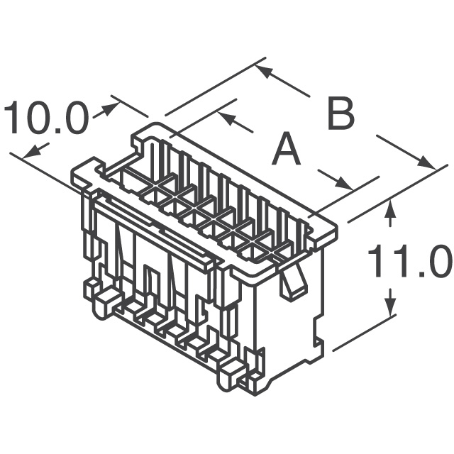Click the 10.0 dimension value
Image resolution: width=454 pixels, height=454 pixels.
(46, 118)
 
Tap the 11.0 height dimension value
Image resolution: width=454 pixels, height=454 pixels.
(409, 262)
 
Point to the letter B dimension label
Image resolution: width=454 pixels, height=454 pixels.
(340, 113)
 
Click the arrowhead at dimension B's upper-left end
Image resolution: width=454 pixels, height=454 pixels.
(262, 70)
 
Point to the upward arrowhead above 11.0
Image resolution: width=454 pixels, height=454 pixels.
(389, 210)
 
